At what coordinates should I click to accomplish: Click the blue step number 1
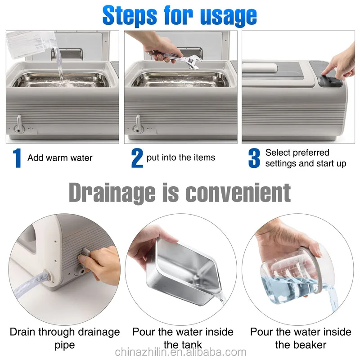[17, 158]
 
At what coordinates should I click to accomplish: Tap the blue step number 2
[137, 158]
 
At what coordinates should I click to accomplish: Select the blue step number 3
[254, 158]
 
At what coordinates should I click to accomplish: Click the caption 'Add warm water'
[60, 158]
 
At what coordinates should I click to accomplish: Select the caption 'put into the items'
[181, 157]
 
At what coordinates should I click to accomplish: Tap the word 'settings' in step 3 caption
[280, 163]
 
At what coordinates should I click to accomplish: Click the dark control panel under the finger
[332, 81]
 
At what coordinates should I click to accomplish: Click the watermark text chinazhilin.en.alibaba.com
[180, 352]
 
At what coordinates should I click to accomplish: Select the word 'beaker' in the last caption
[301, 345]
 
